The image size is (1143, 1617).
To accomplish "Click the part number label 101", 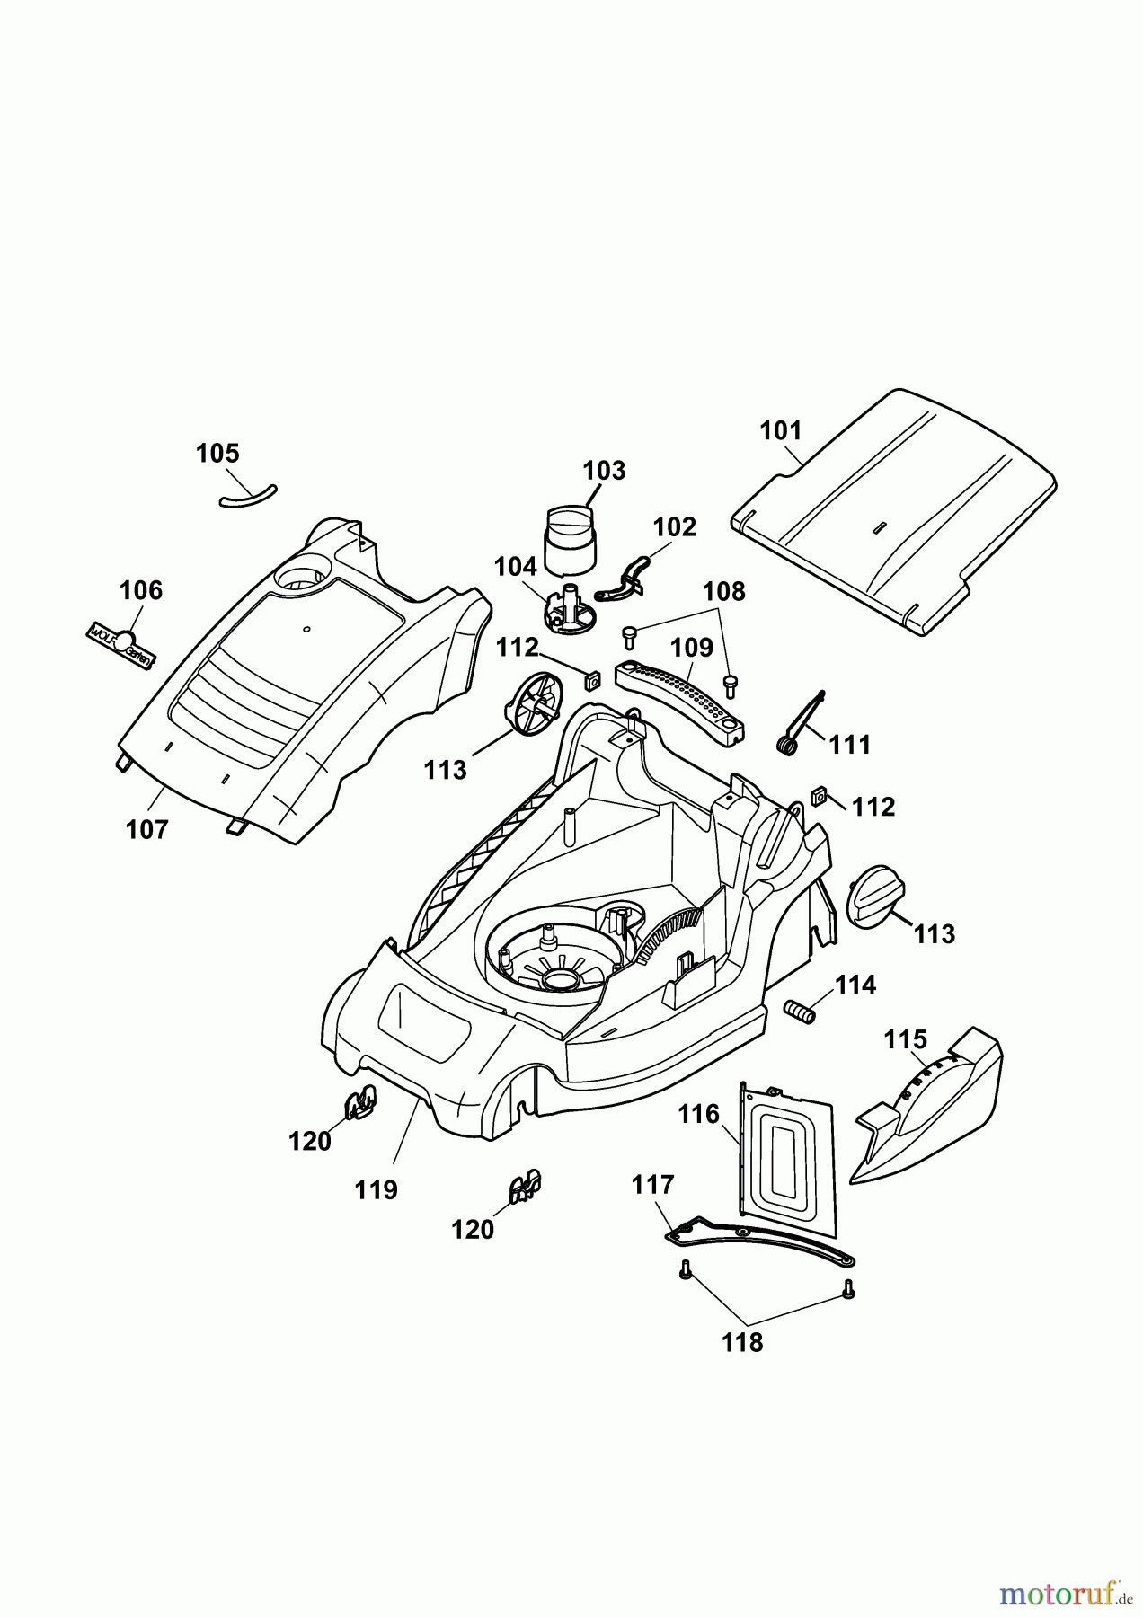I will [780, 430].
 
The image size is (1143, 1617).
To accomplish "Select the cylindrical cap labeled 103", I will [570, 540].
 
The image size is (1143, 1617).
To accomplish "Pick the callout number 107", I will [146, 829].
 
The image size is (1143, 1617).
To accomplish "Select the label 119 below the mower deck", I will [376, 1189].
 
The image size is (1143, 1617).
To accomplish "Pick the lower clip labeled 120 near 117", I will [524, 1188].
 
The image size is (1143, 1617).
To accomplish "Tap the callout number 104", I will [515, 566].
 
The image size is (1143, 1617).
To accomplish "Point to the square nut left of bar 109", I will [592, 679].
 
